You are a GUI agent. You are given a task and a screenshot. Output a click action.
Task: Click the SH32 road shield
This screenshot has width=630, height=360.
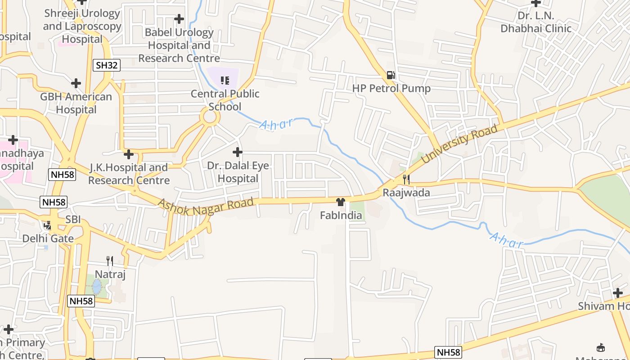click(x=107, y=65)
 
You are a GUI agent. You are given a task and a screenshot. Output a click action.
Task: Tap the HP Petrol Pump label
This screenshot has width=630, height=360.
click(x=391, y=88)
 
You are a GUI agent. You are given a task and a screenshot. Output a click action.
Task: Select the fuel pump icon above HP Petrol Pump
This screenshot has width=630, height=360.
click(x=391, y=75)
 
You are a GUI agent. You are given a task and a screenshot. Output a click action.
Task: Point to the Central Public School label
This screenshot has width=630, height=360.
click(x=225, y=100)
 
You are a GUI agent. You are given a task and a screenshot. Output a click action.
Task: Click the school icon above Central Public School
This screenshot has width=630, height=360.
click(x=225, y=81)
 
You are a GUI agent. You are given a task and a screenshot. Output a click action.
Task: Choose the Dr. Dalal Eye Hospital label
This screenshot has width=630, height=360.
click(x=238, y=172)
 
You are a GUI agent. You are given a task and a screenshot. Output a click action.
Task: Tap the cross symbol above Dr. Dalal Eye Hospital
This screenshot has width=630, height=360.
click(x=237, y=152)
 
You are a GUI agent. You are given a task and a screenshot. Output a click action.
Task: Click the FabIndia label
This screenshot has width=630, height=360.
click(x=341, y=216)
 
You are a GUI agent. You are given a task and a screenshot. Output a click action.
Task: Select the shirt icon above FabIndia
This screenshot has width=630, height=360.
click(x=341, y=202)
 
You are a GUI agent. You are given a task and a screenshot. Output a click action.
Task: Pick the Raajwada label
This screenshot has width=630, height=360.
click(x=406, y=193)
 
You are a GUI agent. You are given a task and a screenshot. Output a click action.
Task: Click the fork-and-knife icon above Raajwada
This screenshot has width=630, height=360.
click(x=406, y=180)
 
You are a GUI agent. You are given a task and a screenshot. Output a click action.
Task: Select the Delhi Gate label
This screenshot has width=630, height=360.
click(x=48, y=238)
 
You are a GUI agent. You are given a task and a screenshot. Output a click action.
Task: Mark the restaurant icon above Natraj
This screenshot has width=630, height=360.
click(x=109, y=261)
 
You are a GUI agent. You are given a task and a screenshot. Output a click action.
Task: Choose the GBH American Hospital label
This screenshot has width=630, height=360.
click(x=76, y=103)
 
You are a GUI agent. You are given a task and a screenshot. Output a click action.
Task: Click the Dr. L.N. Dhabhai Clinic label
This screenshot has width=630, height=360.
click(x=536, y=22)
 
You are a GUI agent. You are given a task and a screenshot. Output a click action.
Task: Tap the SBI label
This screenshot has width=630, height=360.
click(x=73, y=220)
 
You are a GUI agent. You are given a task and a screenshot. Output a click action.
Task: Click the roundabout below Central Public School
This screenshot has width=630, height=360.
click(x=210, y=117)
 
